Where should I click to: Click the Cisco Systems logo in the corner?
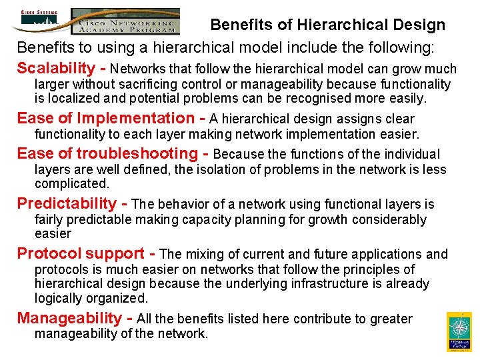click(39, 20)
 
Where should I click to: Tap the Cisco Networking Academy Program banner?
click(125, 21)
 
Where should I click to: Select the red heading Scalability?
click(57, 69)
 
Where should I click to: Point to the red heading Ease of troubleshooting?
click(107, 153)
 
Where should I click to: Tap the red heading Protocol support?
click(81, 253)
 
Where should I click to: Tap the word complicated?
click(72, 183)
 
